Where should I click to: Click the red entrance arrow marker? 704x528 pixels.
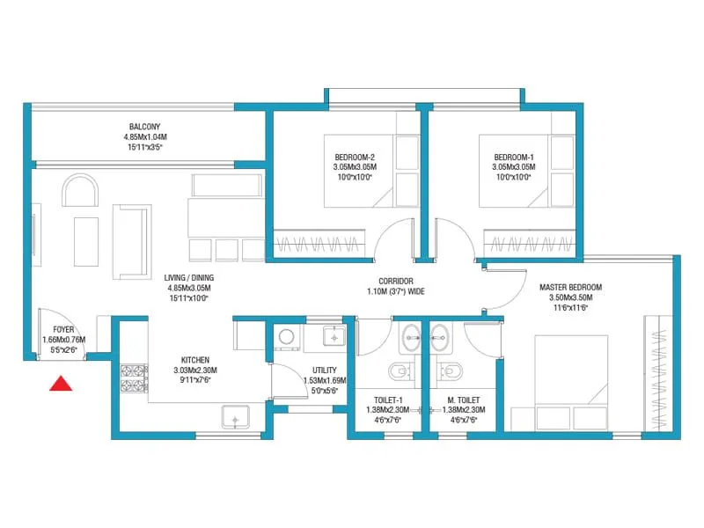click(60, 383)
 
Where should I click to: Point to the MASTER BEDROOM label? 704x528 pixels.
click(571, 288)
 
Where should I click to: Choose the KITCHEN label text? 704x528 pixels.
click(194, 360)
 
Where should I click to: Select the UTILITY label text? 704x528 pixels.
click(324, 370)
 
